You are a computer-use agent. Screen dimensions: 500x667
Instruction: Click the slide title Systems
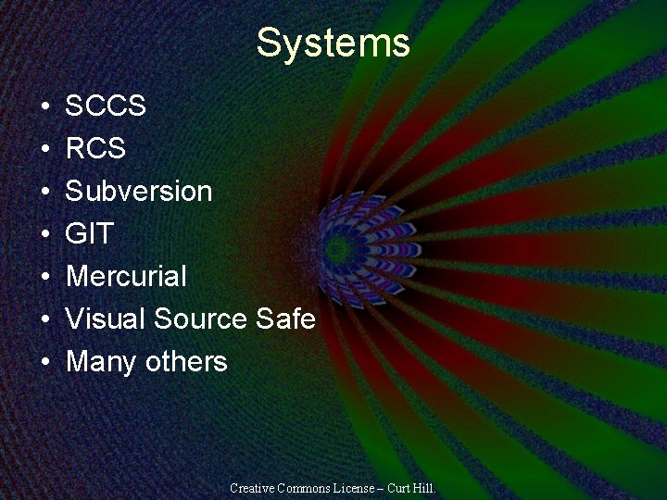coord(333,44)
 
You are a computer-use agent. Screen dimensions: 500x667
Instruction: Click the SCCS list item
coord(106,106)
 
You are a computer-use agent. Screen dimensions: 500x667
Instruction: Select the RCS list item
coord(95,149)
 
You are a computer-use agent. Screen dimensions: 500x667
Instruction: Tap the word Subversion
coord(139,192)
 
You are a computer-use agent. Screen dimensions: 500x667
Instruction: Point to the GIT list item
coord(89,234)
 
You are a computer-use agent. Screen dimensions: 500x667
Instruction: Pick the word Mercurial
coord(126,277)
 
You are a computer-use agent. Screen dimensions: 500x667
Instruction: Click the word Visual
coord(106,319)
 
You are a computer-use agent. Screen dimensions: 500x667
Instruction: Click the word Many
coord(102,361)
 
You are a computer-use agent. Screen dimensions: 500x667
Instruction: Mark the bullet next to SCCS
coord(45,107)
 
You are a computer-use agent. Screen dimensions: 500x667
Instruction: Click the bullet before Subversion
coord(45,193)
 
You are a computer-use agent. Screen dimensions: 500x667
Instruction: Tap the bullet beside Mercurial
coord(45,278)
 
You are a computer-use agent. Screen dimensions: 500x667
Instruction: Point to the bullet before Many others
coord(45,362)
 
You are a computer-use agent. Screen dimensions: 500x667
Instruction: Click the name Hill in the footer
coord(423,487)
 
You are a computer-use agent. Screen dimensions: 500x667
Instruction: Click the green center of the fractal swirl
coord(337,247)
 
